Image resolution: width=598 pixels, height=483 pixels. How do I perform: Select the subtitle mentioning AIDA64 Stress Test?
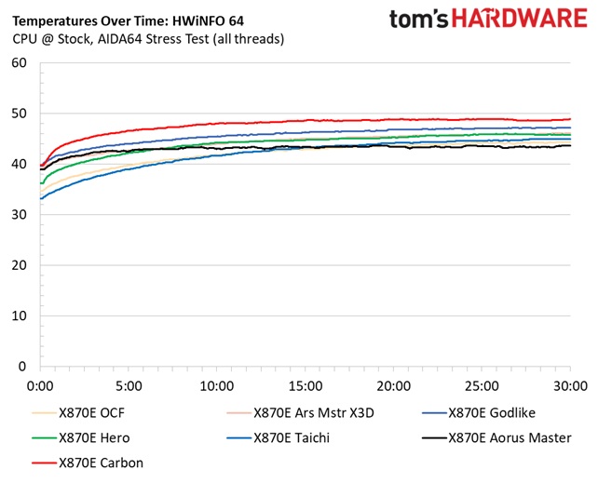[149, 39]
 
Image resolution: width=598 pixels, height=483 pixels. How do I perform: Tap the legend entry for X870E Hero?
[95, 436]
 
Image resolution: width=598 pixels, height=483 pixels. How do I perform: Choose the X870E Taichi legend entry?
[293, 436]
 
